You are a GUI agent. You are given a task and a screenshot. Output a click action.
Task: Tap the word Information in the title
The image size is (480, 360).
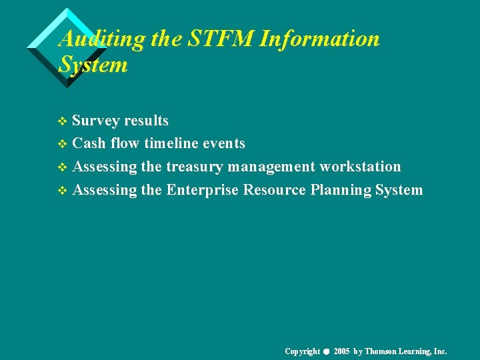pos(319,39)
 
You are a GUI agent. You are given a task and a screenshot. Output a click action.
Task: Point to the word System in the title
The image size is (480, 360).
pos(93,65)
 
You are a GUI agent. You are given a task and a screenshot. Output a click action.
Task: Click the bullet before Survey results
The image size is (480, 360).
pos(63,122)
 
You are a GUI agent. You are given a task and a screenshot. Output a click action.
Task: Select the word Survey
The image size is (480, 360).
pos(95,121)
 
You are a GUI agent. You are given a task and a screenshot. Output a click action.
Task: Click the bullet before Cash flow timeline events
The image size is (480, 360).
pos(63,145)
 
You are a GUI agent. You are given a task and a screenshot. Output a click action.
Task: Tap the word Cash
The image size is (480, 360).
pos(89,143)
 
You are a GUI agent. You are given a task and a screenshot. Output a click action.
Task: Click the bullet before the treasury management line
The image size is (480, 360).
pos(63,168)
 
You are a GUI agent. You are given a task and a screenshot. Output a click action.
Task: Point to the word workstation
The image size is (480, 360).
pos(361,167)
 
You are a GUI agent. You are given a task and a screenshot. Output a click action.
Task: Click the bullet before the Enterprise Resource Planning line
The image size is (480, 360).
pos(63,191)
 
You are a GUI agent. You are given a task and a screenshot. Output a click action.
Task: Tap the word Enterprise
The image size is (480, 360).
pos(202,190)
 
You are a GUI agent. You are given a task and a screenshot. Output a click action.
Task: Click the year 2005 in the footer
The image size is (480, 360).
pos(342,351)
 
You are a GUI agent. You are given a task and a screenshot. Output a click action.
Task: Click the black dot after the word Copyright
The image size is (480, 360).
pos(327,352)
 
